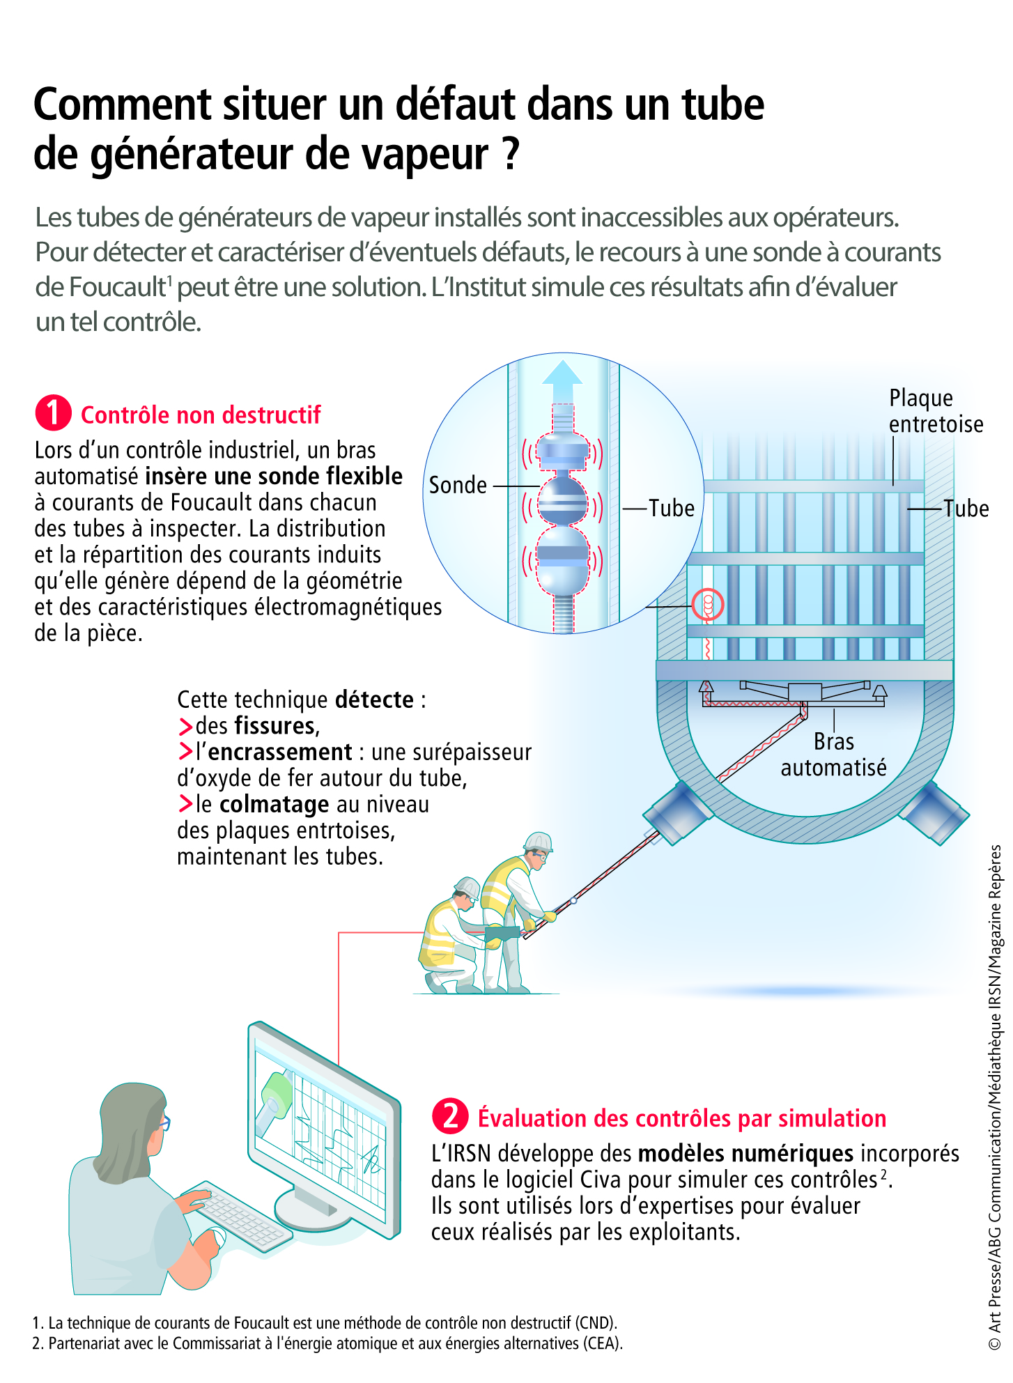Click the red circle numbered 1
(54, 413)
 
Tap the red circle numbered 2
(451, 1116)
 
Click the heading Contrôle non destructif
(201, 415)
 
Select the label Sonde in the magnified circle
(458, 485)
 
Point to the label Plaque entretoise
(936, 410)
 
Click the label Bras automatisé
(833, 755)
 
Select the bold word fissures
(275, 726)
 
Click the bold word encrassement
(280, 752)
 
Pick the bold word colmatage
(274, 805)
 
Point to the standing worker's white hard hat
(539, 842)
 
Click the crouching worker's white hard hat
(467, 888)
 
